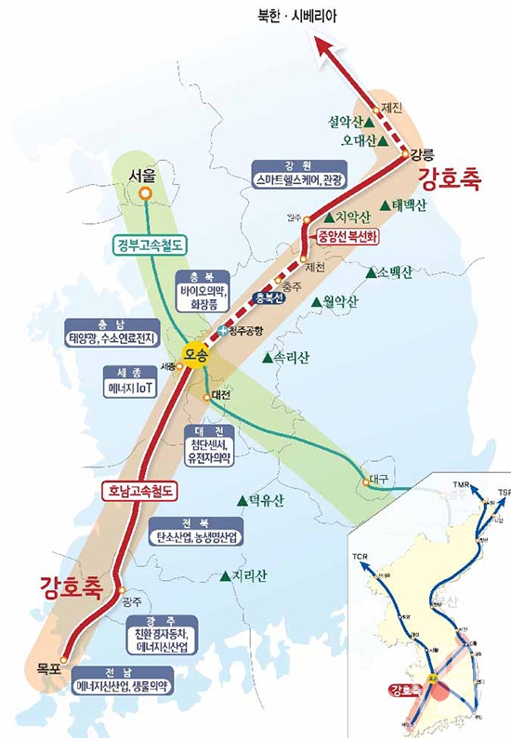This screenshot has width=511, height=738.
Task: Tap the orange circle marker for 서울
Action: [x=145, y=192]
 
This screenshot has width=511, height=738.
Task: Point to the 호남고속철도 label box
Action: [x=139, y=490]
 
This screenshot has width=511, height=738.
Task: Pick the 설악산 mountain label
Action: [x=344, y=122]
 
